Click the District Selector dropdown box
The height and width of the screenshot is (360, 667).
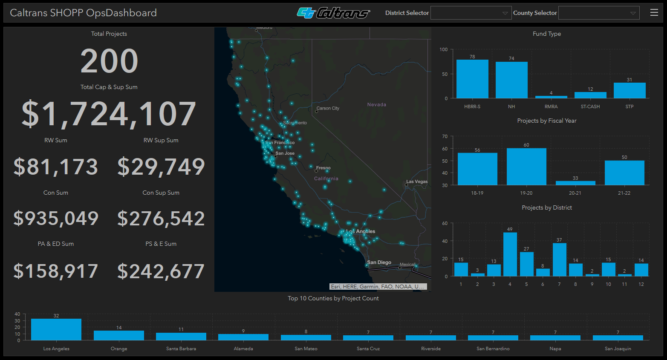[x=471, y=13]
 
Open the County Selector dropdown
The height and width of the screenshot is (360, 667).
[x=598, y=13]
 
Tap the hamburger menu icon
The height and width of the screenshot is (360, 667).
[x=654, y=13]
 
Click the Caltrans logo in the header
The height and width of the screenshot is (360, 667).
[x=333, y=13]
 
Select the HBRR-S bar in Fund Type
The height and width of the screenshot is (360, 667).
[x=472, y=79]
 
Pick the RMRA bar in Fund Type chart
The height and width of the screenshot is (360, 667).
[x=551, y=97]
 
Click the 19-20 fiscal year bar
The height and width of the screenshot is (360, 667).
[x=526, y=167]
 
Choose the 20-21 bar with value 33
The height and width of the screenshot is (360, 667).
[x=575, y=183]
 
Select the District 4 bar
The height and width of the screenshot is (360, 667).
[x=510, y=254]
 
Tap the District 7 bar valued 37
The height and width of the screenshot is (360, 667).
[x=559, y=259]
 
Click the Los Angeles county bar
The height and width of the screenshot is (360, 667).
[x=56, y=329]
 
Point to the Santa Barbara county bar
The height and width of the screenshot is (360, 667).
[x=181, y=336]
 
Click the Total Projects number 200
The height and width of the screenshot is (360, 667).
[x=109, y=61]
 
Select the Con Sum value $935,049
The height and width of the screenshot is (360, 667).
[x=56, y=219]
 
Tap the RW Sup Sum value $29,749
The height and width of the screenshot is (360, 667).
[x=161, y=167]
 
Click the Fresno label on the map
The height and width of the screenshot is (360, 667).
[x=323, y=168]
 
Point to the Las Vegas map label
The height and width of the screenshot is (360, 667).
[x=417, y=181]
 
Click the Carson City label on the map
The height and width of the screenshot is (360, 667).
[x=328, y=108]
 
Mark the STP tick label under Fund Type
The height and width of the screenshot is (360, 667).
[x=629, y=107]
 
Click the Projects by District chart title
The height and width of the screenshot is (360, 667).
[x=547, y=207]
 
